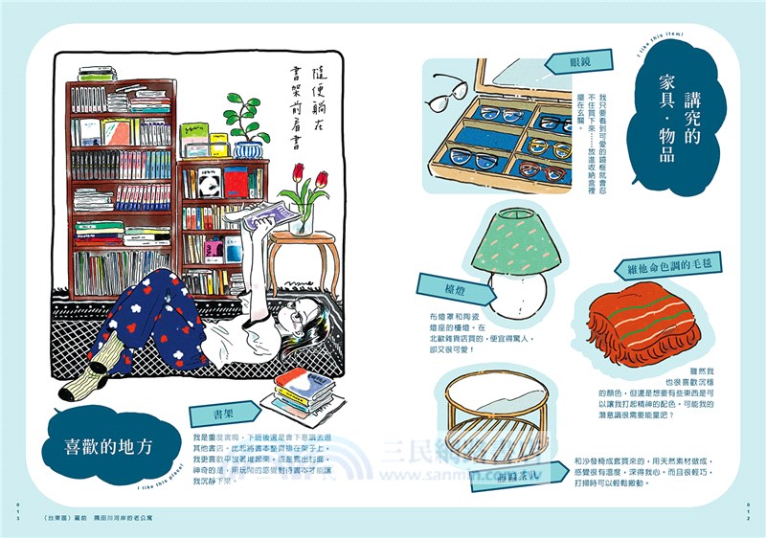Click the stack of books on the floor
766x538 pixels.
(x=304, y=392)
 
